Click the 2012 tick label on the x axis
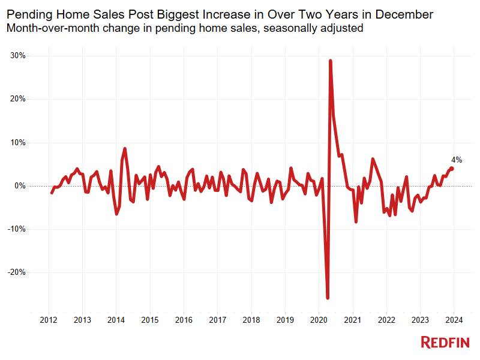(x=48, y=320)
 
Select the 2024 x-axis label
(x=454, y=320)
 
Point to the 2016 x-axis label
(x=184, y=320)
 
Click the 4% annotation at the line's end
(x=457, y=160)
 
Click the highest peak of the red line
(x=331, y=61)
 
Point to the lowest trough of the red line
(x=328, y=298)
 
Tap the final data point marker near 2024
(x=452, y=169)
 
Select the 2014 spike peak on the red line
(x=125, y=148)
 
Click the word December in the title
(x=405, y=13)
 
